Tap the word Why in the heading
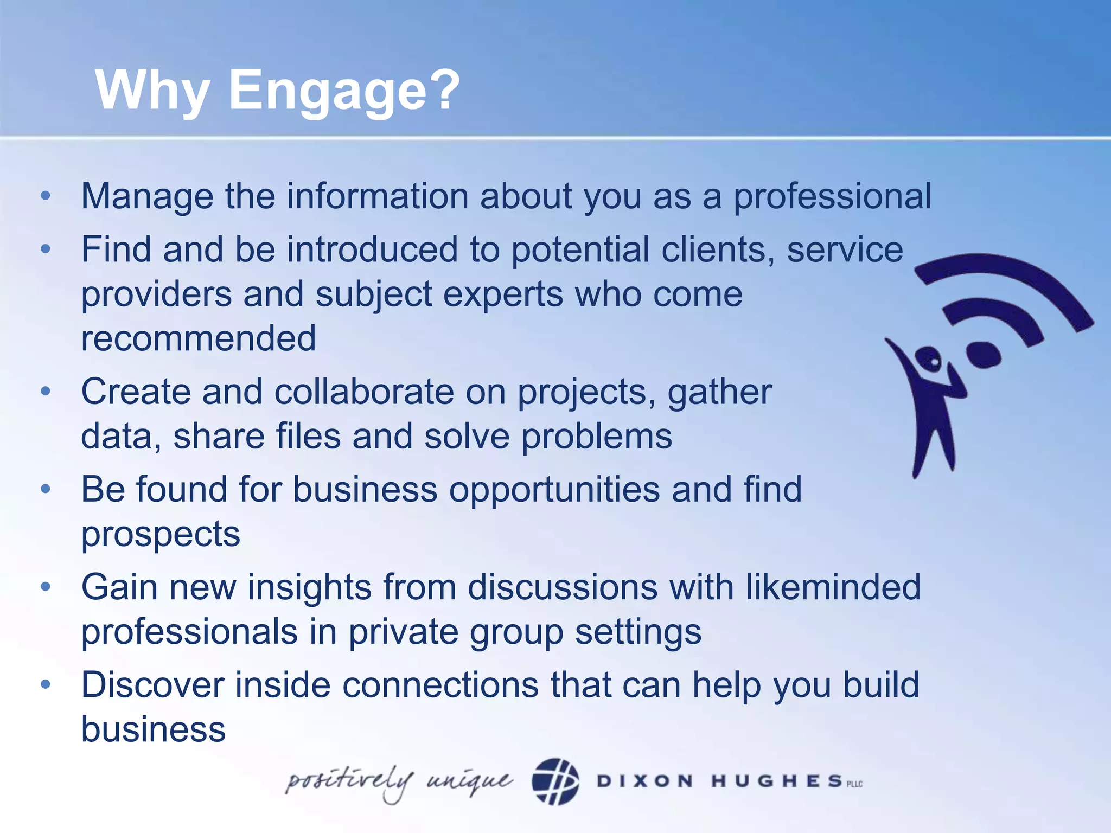(152, 91)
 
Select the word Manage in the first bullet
(147, 196)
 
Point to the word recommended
(199, 338)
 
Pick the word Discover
(152, 685)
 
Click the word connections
(440, 685)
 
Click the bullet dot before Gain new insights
(46, 587)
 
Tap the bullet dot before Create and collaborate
(46, 391)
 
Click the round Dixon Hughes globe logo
(555, 781)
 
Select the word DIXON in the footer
(644, 781)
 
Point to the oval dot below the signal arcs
(983, 354)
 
